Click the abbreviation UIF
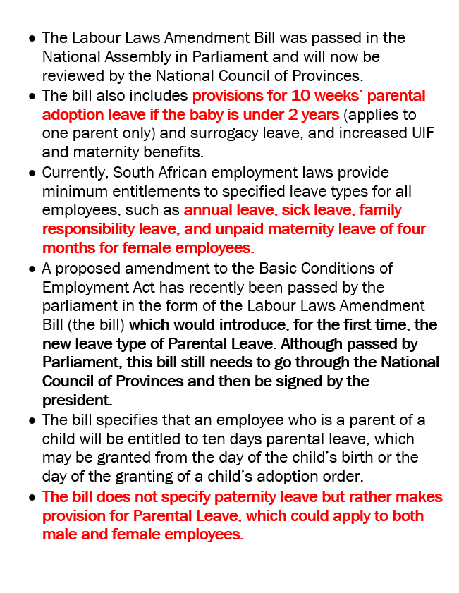tap(397, 133)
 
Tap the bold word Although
tap(306, 344)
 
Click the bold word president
tap(76, 401)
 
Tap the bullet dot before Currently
tap(32, 173)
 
